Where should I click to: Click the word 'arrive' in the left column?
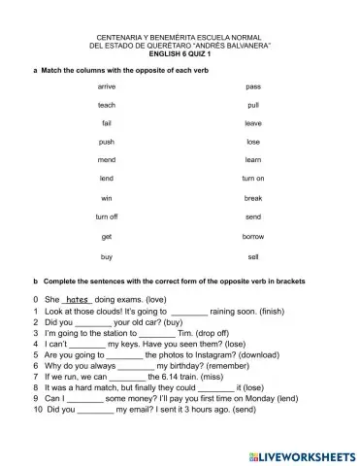point(107,86)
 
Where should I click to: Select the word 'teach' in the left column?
point(107,105)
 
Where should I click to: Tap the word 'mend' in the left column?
point(107,159)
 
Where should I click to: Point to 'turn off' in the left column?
point(107,216)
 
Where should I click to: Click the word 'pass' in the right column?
point(253,86)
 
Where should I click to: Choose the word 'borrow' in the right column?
point(253,236)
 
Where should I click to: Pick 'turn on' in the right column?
point(253,179)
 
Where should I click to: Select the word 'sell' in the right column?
point(253,256)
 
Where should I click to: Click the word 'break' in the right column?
point(253,198)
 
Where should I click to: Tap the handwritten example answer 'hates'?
point(77,300)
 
